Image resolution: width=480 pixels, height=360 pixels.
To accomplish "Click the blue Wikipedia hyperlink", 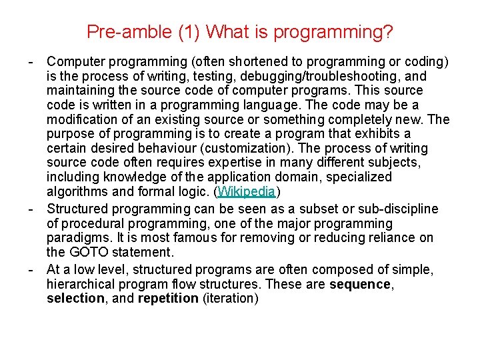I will pyautogui.click(x=246, y=192).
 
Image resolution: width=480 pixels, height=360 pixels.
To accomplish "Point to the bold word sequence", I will pyautogui.click(x=361, y=284).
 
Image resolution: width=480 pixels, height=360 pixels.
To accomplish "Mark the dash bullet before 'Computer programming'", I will pyautogui.click(x=31, y=62).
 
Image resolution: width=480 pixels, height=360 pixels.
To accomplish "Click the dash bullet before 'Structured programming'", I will pyautogui.click(x=31, y=209).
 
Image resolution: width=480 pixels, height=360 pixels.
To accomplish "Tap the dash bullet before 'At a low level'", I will pyautogui.click(x=31, y=269).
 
